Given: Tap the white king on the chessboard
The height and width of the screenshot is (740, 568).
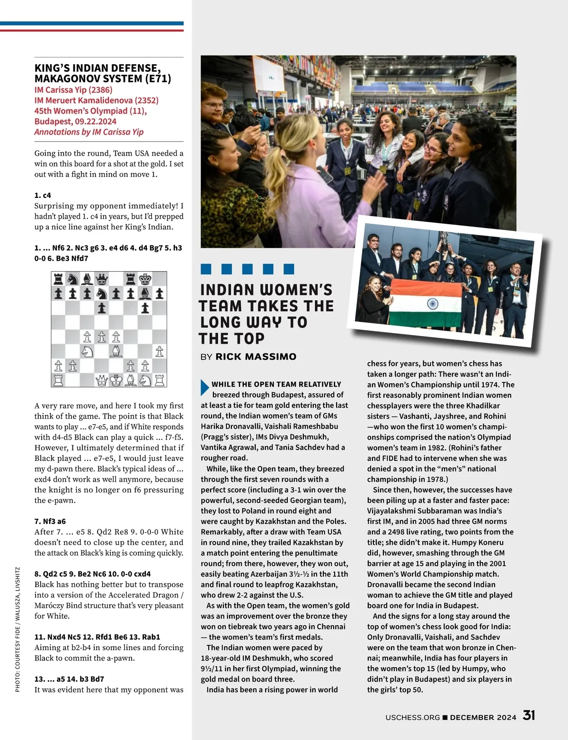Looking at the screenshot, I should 116,380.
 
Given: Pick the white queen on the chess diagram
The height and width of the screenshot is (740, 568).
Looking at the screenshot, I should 101,380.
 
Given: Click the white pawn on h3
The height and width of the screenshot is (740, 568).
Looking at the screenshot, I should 160,351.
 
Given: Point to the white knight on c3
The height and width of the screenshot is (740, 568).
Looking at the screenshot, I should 87,351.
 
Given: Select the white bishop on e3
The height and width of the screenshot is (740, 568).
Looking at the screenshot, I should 116,351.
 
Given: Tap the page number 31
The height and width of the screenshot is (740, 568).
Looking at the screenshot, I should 529,715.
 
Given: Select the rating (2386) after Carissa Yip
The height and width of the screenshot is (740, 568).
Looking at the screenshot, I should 100,90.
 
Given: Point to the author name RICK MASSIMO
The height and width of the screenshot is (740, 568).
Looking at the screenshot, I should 256,357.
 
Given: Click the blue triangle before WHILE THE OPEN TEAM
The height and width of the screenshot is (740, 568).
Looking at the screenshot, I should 204,387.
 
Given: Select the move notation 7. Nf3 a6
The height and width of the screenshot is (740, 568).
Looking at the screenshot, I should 50,521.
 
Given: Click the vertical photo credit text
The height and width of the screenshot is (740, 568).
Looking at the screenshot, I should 18,629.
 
